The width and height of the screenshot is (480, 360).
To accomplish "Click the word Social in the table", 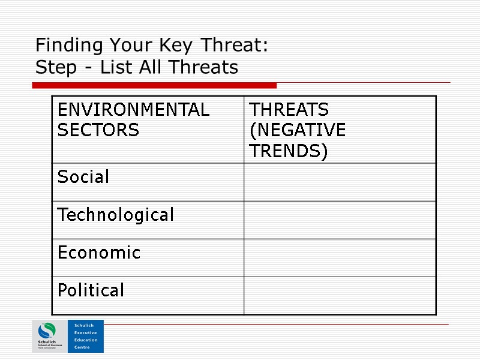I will (x=83, y=177).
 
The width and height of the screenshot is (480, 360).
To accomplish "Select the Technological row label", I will (x=115, y=215).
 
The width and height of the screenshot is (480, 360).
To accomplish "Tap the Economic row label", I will (x=99, y=253).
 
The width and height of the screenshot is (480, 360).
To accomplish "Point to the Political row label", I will (x=91, y=290).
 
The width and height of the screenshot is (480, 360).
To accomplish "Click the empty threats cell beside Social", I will (x=340, y=182).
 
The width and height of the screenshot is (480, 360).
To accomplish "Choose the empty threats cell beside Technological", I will (x=340, y=220).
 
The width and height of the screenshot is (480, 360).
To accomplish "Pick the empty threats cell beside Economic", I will (x=340, y=257).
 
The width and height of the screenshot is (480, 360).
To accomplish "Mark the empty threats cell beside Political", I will (x=340, y=295).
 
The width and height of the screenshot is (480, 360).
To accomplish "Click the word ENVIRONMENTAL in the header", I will (x=133, y=110).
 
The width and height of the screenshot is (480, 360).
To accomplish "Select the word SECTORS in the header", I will (x=98, y=130).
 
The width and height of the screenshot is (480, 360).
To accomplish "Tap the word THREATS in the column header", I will (x=289, y=110).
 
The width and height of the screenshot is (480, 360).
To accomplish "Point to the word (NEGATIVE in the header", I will (x=297, y=130).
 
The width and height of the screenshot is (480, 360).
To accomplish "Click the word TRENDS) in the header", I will (x=289, y=151).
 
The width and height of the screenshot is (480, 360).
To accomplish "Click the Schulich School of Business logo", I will (x=50, y=337).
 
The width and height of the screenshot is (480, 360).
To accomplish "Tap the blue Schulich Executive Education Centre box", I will (x=86, y=337).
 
